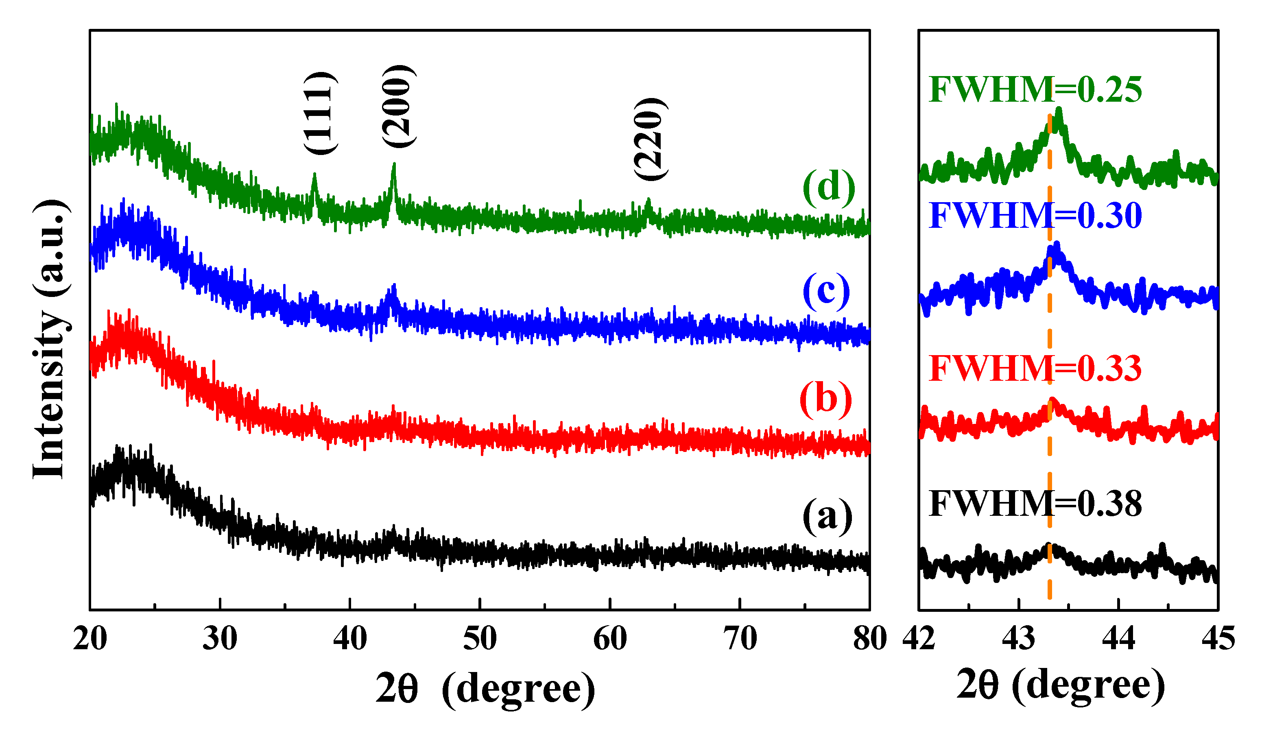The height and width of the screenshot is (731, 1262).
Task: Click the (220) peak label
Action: pyautogui.click(x=650, y=139)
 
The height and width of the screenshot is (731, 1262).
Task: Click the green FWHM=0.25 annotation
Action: pyautogui.click(x=1035, y=90)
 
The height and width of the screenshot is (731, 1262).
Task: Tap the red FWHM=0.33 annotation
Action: pyautogui.click(x=1035, y=369)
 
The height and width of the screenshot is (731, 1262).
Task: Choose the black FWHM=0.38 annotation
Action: pyautogui.click(x=1035, y=503)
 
